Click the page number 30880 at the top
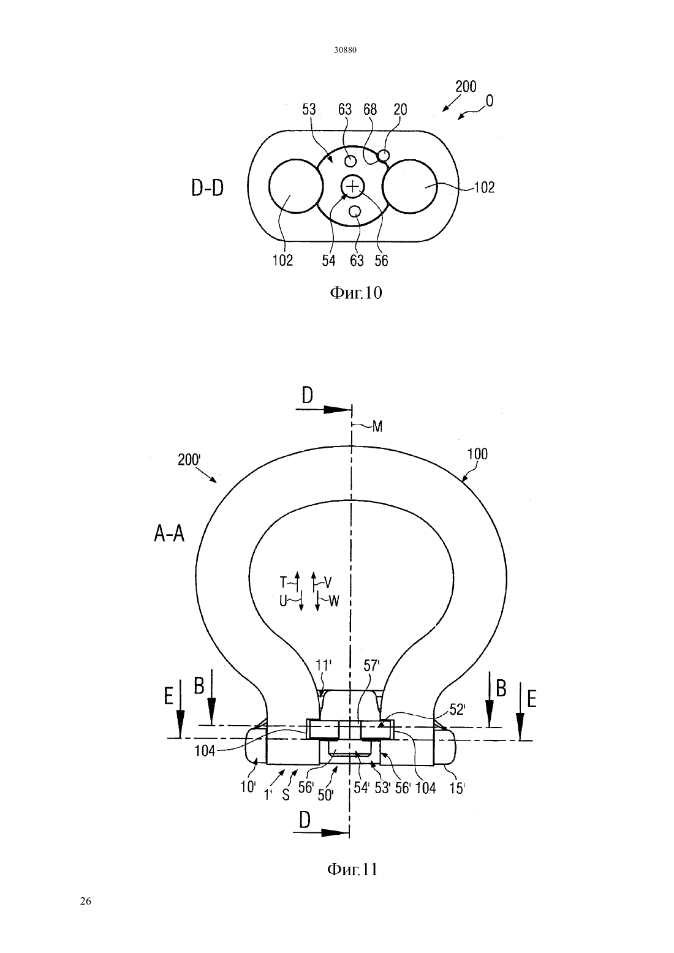pyautogui.click(x=345, y=50)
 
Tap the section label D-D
pyautogui.click(x=207, y=189)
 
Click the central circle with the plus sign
pyautogui.click(x=353, y=186)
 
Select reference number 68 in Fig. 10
pyautogui.click(x=369, y=110)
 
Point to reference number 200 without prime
pyautogui.click(x=466, y=87)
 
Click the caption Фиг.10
pyautogui.click(x=356, y=293)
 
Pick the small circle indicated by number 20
pyautogui.click(x=384, y=156)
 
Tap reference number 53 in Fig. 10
pyautogui.click(x=309, y=110)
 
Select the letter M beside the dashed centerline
pyautogui.click(x=377, y=426)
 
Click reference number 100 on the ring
pyautogui.click(x=477, y=454)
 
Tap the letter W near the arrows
pyautogui.click(x=334, y=601)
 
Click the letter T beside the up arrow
pyautogui.click(x=283, y=582)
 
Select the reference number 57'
pyautogui.click(x=371, y=665)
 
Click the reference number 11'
pyautogui.click(x=323, y=665)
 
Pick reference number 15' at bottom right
pyautogui.click(x=457, y=788)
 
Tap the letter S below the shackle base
pyautogui.click(x=286, y=795)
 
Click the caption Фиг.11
pyautogui.click(x=352, y=870)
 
